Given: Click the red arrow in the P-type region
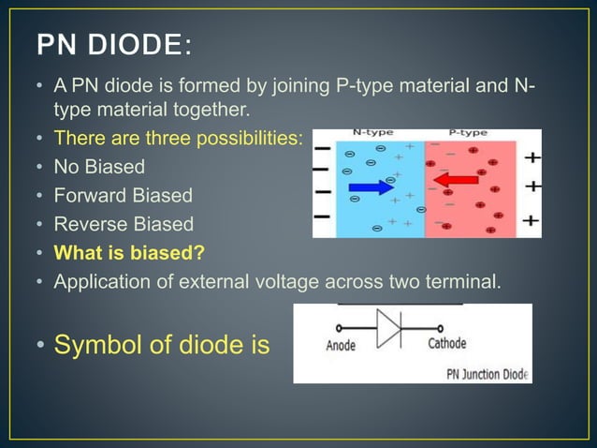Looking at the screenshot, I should [x=457, y=179].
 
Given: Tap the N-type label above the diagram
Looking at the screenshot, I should [x=371, y=134].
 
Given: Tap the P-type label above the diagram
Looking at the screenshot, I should [x=468, y=134].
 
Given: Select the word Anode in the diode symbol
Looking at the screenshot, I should [x=341, y=345].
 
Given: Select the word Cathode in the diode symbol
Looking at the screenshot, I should [x=446, y=344].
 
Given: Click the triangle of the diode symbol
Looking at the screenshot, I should [x=386, y=328].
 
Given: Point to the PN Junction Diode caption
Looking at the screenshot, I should [x=484, y=374].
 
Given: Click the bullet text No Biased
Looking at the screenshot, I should [x=99, y=168].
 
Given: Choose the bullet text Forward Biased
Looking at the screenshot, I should [x=123, y=196].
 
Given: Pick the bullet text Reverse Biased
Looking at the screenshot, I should [x=124, y=224].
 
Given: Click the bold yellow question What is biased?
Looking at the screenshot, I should [x=129, y=252].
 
